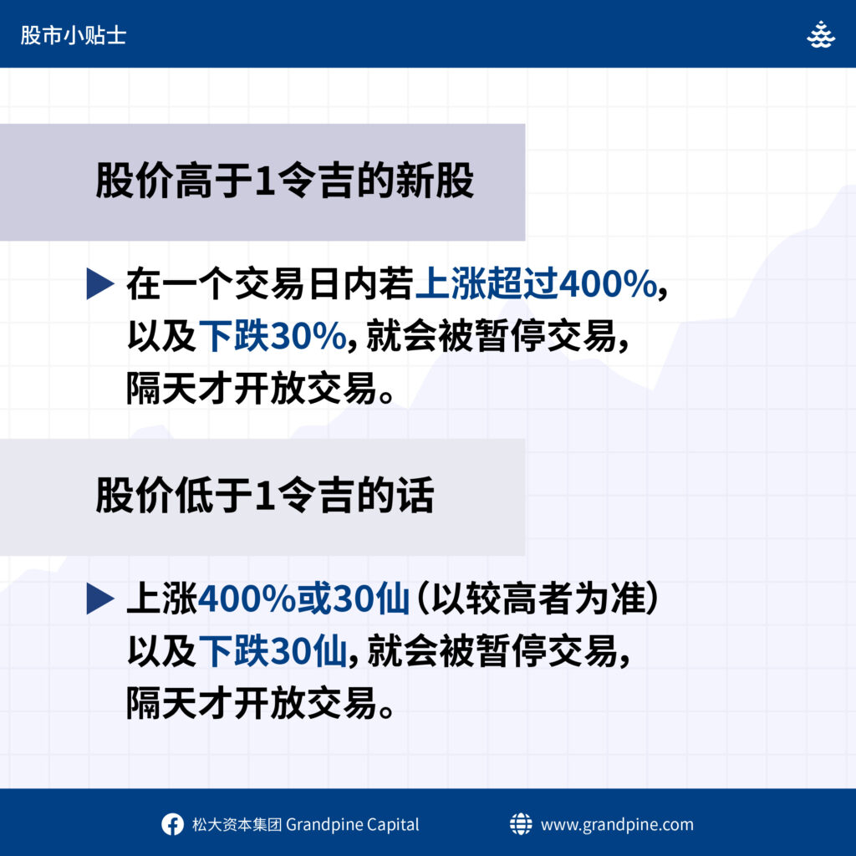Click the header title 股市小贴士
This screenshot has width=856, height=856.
tap(74, 35)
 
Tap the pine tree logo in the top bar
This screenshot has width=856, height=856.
tap(821, 34)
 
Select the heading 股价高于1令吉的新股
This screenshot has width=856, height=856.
tap(284, 181)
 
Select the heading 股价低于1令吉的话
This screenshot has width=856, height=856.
tap(265, 496)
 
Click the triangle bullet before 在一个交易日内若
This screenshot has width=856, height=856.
tap(100, 284)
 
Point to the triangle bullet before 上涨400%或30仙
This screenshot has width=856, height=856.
tap(100, 599)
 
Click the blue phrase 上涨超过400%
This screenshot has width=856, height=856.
tap(536, 284)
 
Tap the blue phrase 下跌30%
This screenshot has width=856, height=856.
tap(273, 336)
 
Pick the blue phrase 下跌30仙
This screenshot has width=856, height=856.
tap(273, 650)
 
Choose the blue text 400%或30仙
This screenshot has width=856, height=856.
tap(303, 599)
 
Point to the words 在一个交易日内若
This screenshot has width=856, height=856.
tap(270, 284)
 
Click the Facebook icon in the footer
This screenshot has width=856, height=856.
tap(172, 824)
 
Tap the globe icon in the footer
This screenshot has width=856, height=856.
tap(520, 823)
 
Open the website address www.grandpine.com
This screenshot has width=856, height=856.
tap(617, 824)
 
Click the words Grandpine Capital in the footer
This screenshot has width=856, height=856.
tap(352, 824)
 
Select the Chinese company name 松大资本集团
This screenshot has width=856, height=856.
tap(237, 824)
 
